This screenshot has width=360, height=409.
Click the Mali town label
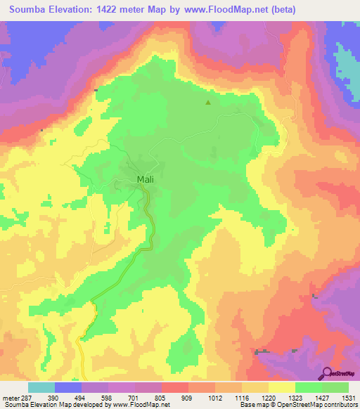click(145, 179)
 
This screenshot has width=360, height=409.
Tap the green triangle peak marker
click(207, 103)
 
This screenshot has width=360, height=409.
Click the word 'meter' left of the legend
click(8, 398)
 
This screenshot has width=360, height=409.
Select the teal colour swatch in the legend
click(41, 387)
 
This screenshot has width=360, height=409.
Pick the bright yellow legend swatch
click(282, 387)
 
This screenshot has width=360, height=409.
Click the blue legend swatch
click(68, 387)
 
